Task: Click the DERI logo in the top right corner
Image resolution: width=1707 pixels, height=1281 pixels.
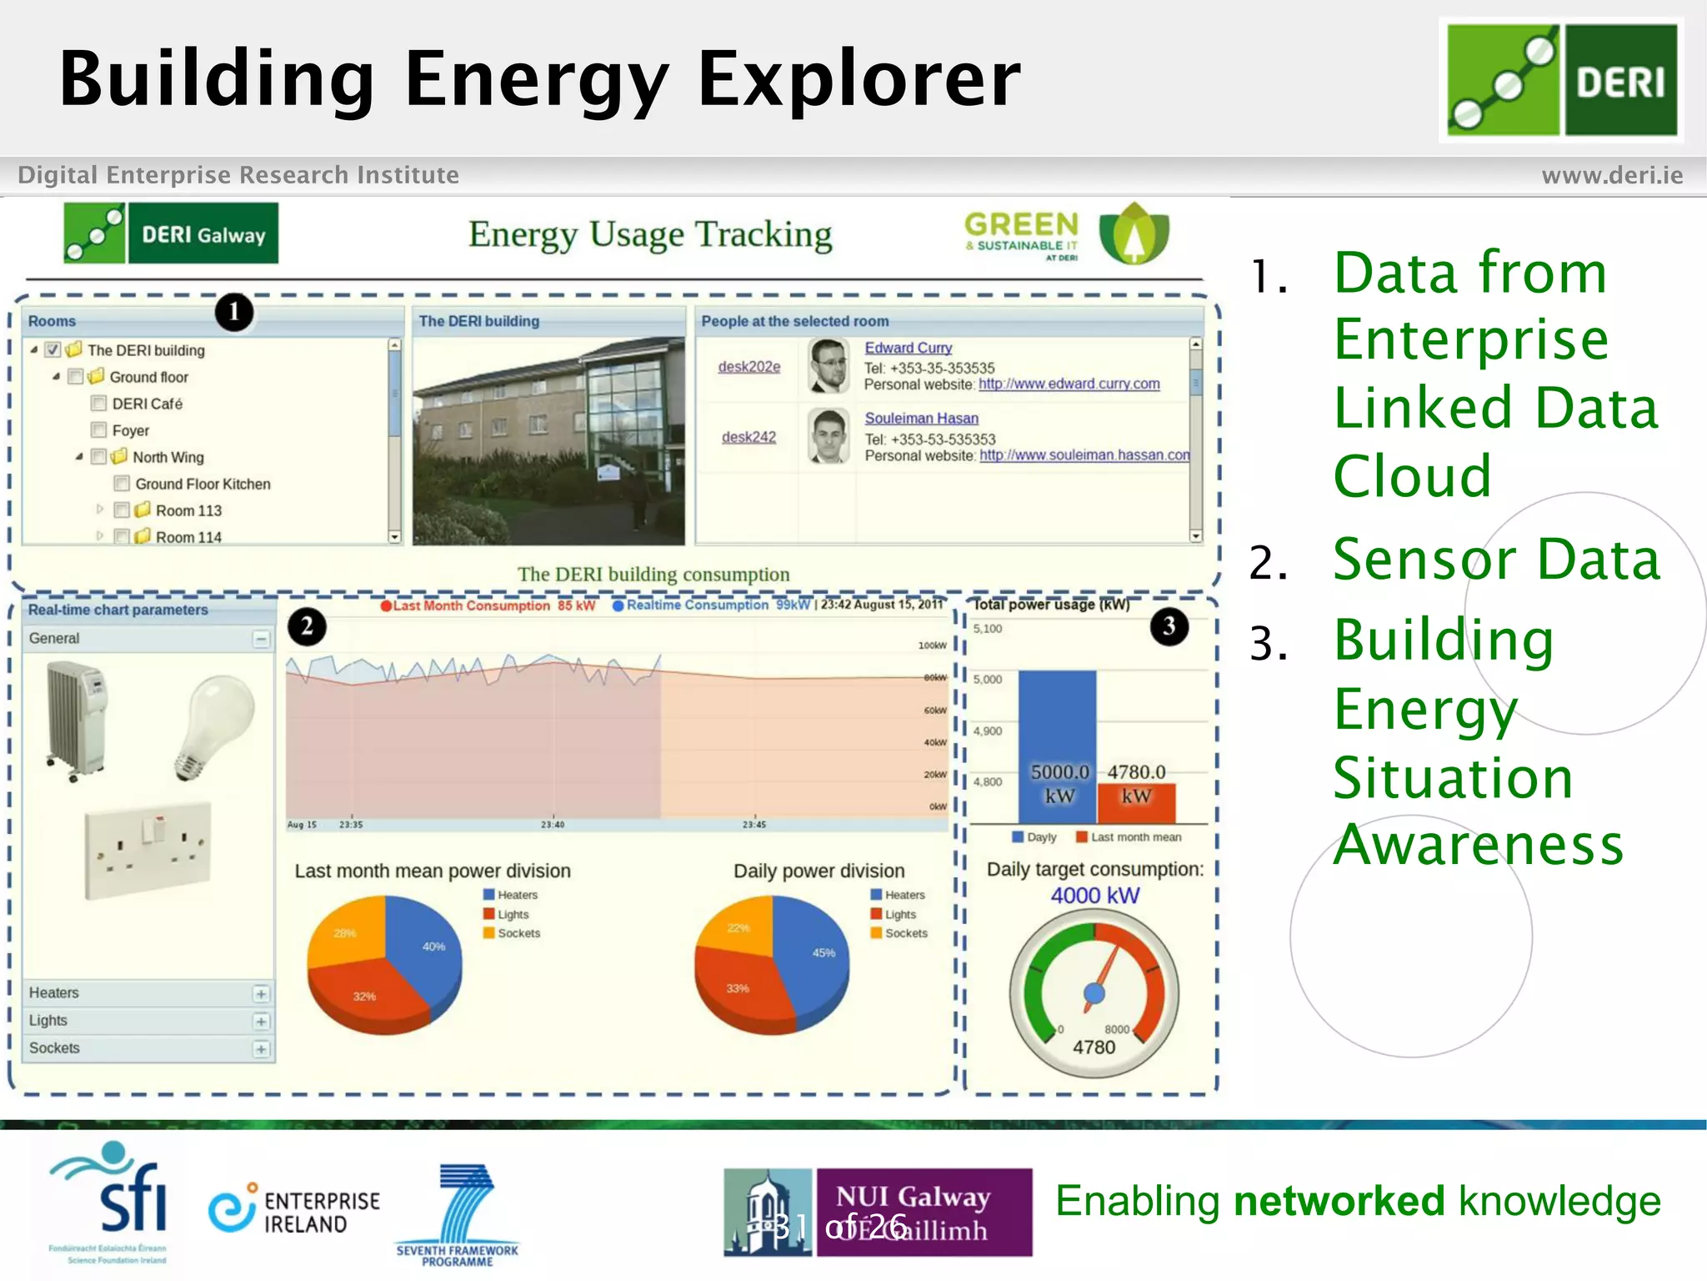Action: coord(1561,80)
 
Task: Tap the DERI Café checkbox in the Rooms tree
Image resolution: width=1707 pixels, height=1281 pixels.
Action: coord(99,404)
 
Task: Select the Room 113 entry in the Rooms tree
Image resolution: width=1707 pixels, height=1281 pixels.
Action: coord(188,510)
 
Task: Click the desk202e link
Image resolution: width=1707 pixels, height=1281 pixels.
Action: coord(749,367)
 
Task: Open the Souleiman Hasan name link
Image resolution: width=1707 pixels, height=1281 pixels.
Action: coord(921,419)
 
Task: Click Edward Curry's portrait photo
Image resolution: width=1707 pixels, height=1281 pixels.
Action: coord(829,366)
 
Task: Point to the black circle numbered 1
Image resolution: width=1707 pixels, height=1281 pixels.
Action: coord(234,312)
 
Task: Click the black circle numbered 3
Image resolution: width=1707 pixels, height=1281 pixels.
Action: coord(1169,626)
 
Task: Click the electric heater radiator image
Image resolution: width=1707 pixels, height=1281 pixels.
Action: coord(78,719)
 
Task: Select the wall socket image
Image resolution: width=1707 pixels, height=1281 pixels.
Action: coord(148,850)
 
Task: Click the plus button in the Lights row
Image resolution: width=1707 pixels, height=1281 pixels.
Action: coord(261,1022)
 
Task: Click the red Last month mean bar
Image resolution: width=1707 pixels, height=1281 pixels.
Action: coord(1136,802)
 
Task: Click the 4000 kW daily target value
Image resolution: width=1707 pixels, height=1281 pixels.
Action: coord(1094,896)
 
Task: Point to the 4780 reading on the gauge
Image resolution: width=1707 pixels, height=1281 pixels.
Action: coord(1094,1047)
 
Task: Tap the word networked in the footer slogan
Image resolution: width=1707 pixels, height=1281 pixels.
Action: coord(1339,1202)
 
